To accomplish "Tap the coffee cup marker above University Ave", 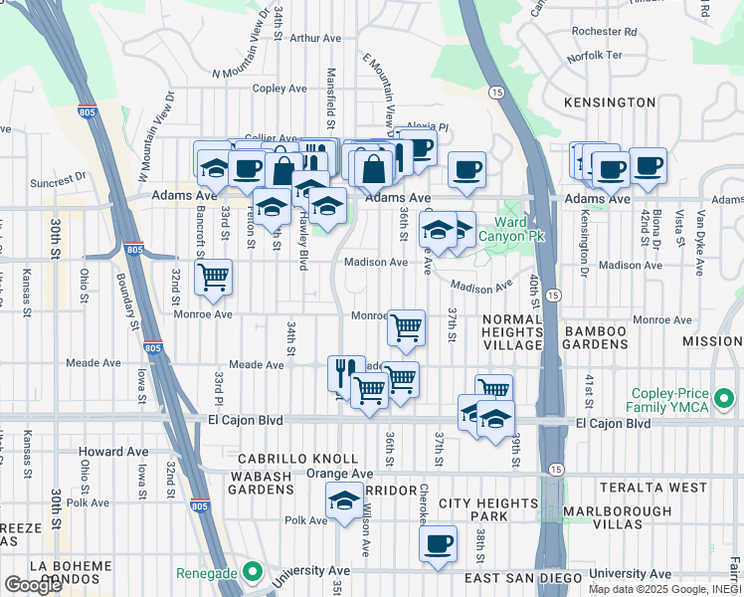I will pyautogui.click(x=438, y=543).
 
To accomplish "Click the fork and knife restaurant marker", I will pyautogui.click(x=345, y=372).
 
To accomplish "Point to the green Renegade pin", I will pyautogui.click(x=253, y=573).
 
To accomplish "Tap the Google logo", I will pyautogui.click(x=33, y=585).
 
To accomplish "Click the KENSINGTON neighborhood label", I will pyautogui.click(x=609, y=102).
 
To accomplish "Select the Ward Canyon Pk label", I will pyautogui.click(x=512, y=230).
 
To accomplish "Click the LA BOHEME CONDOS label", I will pyautogui.click(x=71, y=573).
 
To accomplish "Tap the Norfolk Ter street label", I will pyautogui.click(x=594, y=56).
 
